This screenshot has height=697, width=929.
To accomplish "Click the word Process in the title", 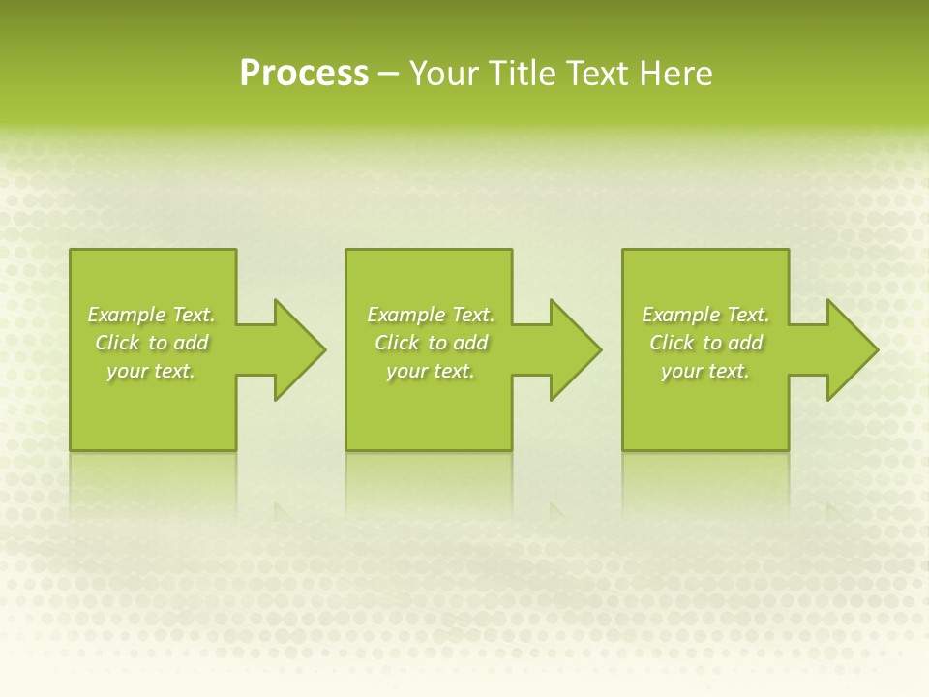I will (x=304, y=74).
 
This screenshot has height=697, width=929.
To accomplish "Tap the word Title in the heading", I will (x=524, y=74).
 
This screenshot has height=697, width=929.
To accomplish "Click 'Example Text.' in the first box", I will (x=151, y=315).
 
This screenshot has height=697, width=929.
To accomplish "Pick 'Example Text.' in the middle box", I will (x=431, y=315).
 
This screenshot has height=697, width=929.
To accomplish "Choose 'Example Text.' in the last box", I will (x=705, y=315).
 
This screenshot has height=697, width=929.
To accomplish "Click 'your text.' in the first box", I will (x=151, y=371).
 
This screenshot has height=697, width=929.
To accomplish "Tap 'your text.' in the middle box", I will (x=431, y=371).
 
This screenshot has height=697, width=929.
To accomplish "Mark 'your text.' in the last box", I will (x=705, y=371).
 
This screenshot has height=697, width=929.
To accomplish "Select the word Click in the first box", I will (x=117, y=343).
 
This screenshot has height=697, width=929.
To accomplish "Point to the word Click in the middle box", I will (x=397, y=343).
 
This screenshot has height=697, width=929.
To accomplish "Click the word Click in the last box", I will (x=672, y=343).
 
